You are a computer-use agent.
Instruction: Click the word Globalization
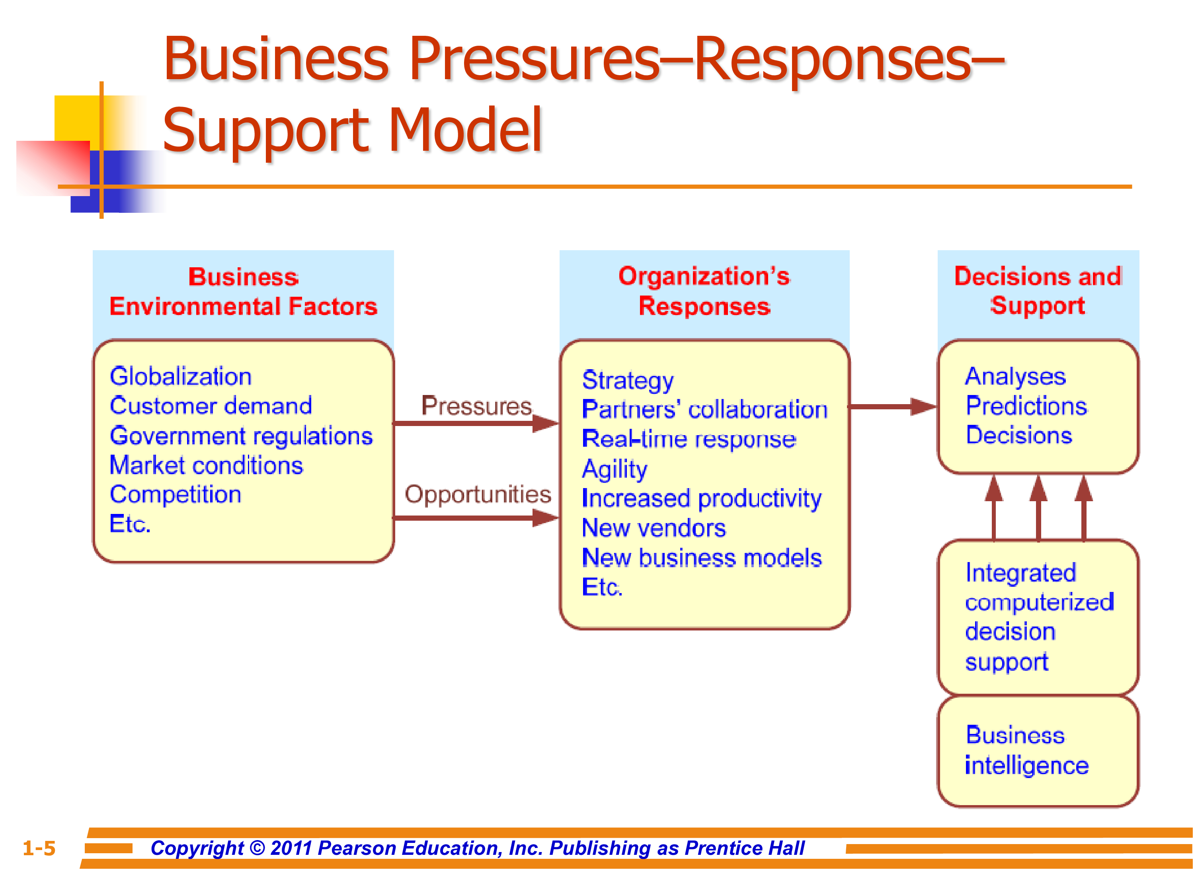[x=180, y=377]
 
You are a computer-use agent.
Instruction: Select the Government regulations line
[x=241, y=436]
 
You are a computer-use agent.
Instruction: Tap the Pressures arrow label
[x=476, y=406]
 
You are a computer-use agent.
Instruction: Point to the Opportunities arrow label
[x=478, y=494]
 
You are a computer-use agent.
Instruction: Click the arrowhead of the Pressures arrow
[x=545, y=423]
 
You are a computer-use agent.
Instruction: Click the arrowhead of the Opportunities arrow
[x=545, y=518]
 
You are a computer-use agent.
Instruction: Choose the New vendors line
[x=654, y=528]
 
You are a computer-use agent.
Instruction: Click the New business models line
[x=702, y=558]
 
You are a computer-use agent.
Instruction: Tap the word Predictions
[x=1026, y=406]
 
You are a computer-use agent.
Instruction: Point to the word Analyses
[x=1015, y=377]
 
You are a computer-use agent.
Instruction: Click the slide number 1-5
[x=39, y=848]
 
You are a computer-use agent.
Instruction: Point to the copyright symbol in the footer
[x=258, y=848]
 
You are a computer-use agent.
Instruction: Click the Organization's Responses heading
[x=704, y=291]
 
